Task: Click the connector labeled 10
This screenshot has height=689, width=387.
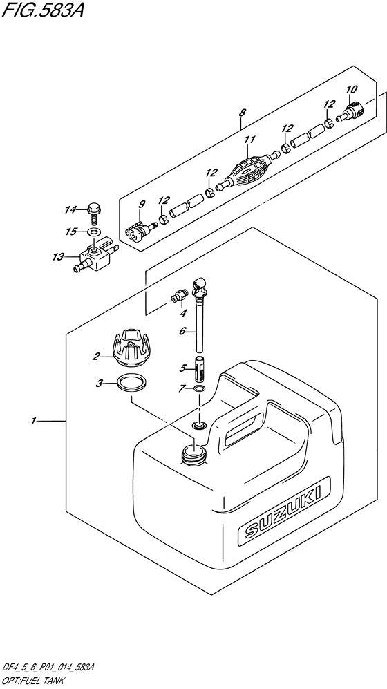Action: [x=356, y=108]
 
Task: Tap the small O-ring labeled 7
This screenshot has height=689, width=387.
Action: [x=199, y=390]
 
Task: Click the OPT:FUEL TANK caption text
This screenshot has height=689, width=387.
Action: [x=35, y=682]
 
